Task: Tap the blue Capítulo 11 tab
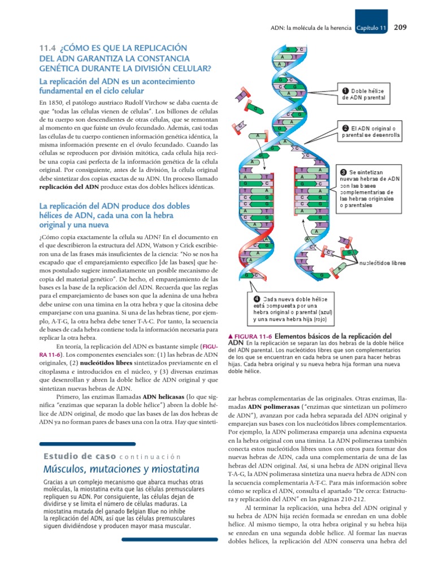click(x=371, y=28)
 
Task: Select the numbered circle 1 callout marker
click(x=345, y=90)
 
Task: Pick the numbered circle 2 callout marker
click(x=345, y=128)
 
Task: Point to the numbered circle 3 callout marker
click(x=345, y=171)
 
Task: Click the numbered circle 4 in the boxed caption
click(x=257, y=299)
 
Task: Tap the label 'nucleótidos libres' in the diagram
click(x=382, y=262)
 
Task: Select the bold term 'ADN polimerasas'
click(x=269, y=407)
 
